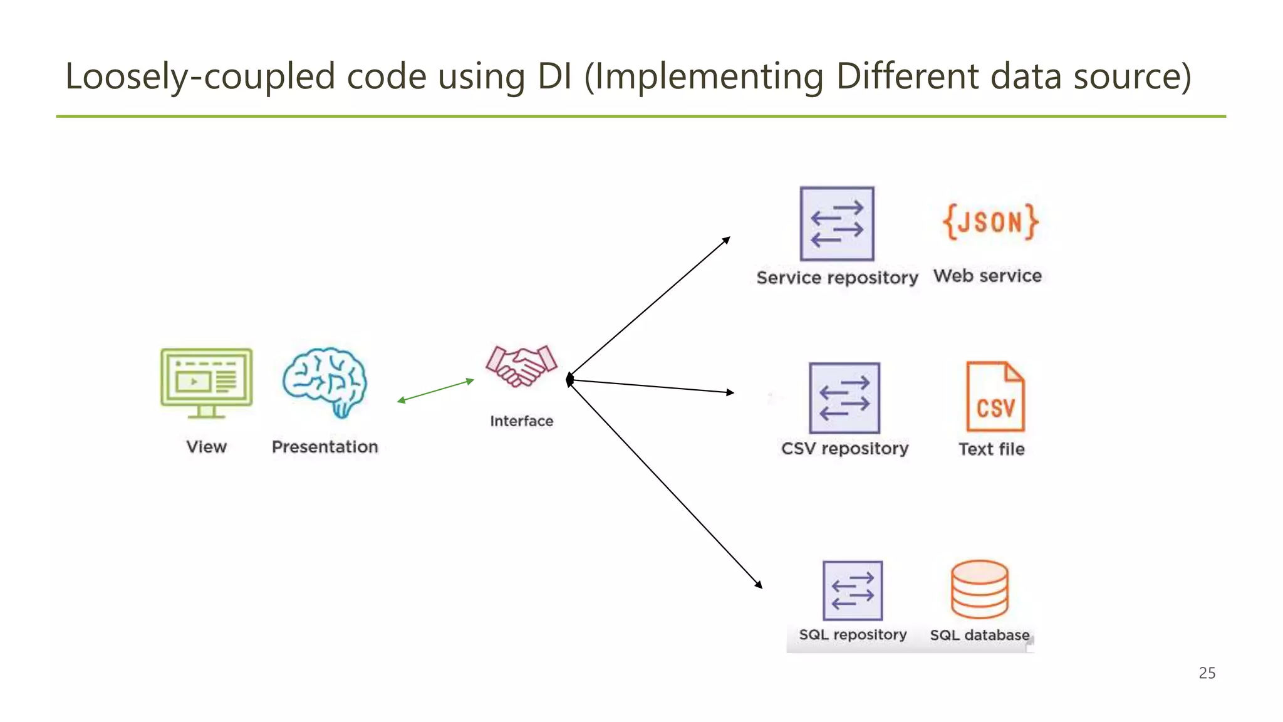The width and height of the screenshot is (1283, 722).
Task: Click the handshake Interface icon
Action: tap(521, 366)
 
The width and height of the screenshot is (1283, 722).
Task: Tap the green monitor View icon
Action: tap(206, 382)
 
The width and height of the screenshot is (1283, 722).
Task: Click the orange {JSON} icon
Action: tap(990, 222)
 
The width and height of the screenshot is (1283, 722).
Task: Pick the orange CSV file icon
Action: tap(995, 397)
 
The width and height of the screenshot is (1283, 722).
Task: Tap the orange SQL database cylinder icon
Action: tap(979, 589)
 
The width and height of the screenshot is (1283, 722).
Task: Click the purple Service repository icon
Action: tap(837, 224)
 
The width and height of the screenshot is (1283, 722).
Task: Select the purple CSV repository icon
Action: tap(844, 398)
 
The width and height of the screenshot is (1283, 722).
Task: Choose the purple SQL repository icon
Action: tap(853, 590)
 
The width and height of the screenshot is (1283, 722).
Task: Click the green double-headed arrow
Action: tap(435, 390)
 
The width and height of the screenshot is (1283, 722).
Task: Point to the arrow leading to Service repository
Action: tap(649, 308)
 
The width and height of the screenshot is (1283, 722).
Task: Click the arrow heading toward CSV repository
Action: tap(652, 386)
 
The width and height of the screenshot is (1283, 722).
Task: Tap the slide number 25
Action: tap(1207, 673)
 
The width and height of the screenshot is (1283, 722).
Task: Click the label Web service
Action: tap(987, 276)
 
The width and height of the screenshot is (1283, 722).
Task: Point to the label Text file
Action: tap(991, 449)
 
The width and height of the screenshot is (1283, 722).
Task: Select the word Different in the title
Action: tap(907, 76)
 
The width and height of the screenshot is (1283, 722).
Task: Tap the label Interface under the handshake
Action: tap(521, 421)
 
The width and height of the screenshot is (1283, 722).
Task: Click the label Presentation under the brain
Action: tap(325, 447)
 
